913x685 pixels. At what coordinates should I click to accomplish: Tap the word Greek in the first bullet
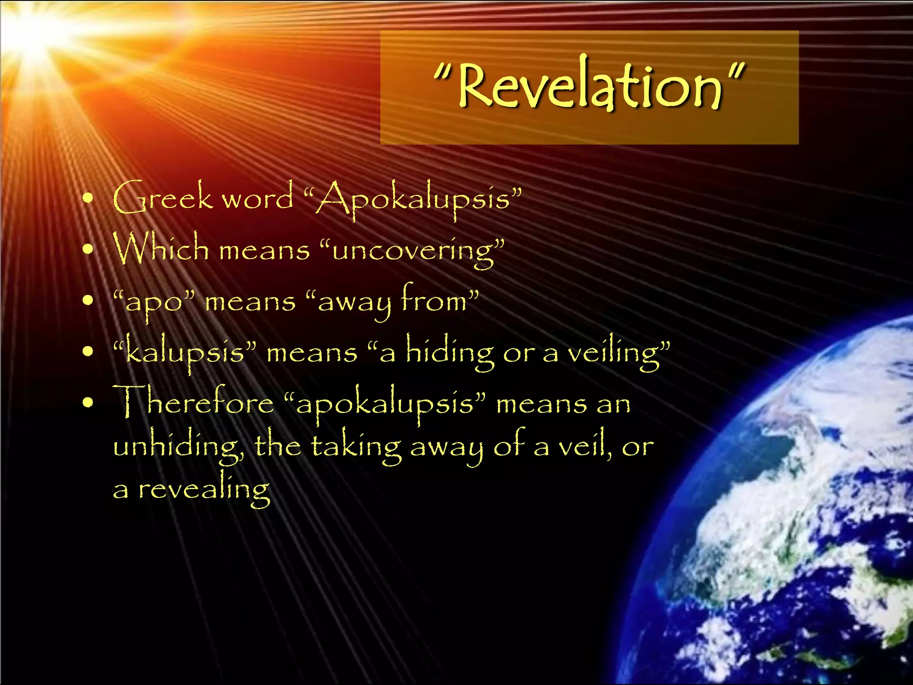163,198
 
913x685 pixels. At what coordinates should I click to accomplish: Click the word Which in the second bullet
161,248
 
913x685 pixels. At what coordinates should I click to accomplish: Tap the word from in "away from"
435,300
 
